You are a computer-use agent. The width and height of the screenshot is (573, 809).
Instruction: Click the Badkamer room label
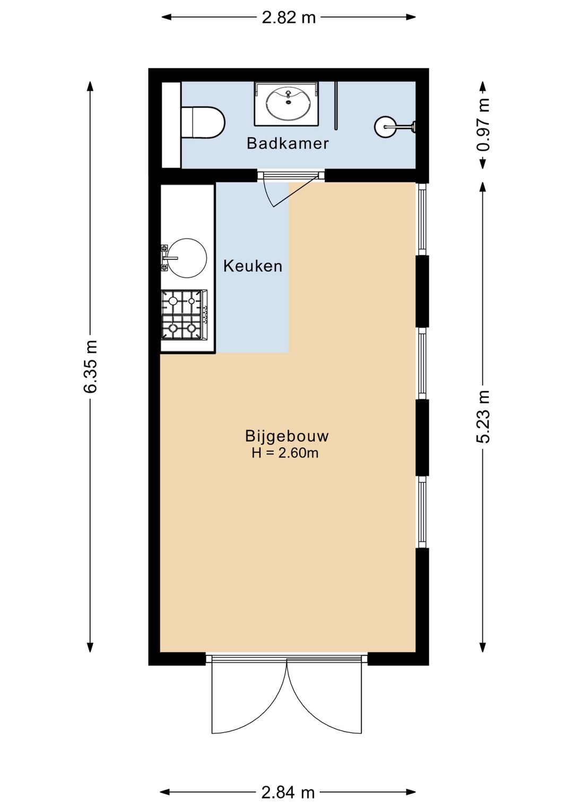(288, 143)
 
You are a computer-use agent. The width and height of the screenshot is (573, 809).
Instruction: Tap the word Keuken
(253, 266)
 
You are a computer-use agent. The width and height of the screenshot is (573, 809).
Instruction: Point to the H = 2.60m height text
(285, 453)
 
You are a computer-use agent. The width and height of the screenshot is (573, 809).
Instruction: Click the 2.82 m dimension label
(289, 17)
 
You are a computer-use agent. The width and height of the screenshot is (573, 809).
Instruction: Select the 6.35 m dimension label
(90, 366)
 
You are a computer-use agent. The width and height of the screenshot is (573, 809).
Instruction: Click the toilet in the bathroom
(203, 122)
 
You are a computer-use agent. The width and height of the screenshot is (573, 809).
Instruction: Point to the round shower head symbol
(385, 126)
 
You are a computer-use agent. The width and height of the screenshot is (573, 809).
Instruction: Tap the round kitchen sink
(187, 258)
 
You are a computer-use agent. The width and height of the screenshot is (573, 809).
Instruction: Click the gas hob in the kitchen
(184, 315)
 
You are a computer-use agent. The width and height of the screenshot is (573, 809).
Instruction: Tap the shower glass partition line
(336, 105)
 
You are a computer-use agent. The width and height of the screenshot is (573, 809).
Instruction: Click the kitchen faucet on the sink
(168, 258)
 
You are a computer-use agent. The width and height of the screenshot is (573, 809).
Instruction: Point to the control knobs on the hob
(205, 315)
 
